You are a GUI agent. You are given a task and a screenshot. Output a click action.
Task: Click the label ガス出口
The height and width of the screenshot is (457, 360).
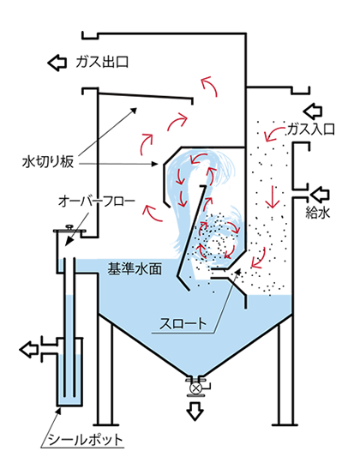click(x=102, y=62)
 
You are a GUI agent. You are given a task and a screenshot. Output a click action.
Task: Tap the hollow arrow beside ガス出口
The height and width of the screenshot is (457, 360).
click(x=57, y=63)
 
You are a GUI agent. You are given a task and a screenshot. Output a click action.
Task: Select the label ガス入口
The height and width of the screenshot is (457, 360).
click(x=310, y=129)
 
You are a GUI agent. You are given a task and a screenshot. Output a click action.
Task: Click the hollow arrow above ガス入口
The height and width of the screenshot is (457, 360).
click(x=313, y=111)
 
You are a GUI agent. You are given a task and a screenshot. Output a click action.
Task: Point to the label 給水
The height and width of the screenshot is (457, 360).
click(x=317, y=212)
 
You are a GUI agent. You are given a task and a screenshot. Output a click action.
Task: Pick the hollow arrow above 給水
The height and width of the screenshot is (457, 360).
click(x=320, y=195)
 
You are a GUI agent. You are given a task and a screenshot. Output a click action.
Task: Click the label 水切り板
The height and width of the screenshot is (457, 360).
click(x=48, y=162)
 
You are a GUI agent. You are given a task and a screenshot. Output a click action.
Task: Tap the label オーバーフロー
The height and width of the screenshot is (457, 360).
click(x=96, y=201)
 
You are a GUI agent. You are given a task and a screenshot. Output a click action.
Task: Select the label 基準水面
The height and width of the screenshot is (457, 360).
click(x=135, y=268)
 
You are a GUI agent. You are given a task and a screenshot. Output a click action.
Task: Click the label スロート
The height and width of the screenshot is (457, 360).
click(x=183, y=323)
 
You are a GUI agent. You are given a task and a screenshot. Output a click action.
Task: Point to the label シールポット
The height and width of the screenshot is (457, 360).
click(x=85, y=440)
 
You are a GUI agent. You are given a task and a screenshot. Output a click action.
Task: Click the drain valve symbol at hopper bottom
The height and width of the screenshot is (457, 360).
click(x=195, y=388)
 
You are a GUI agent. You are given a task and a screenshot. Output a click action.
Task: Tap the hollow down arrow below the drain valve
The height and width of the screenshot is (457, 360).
click(x=195, y=411)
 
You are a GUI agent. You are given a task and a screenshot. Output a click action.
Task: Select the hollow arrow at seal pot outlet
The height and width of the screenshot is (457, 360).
click(x=28, y=349)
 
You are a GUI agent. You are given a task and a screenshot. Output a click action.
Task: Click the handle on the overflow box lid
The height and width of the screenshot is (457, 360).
click(x=69, y=226)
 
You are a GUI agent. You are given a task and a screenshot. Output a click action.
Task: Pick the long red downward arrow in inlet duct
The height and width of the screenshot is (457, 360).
click(x=273, y=196)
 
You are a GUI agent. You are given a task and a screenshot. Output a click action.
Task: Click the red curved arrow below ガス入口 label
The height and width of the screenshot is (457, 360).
click(x=273, y=133)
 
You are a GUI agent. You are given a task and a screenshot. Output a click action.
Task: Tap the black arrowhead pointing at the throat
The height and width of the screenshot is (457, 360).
click(x=238, y=272)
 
